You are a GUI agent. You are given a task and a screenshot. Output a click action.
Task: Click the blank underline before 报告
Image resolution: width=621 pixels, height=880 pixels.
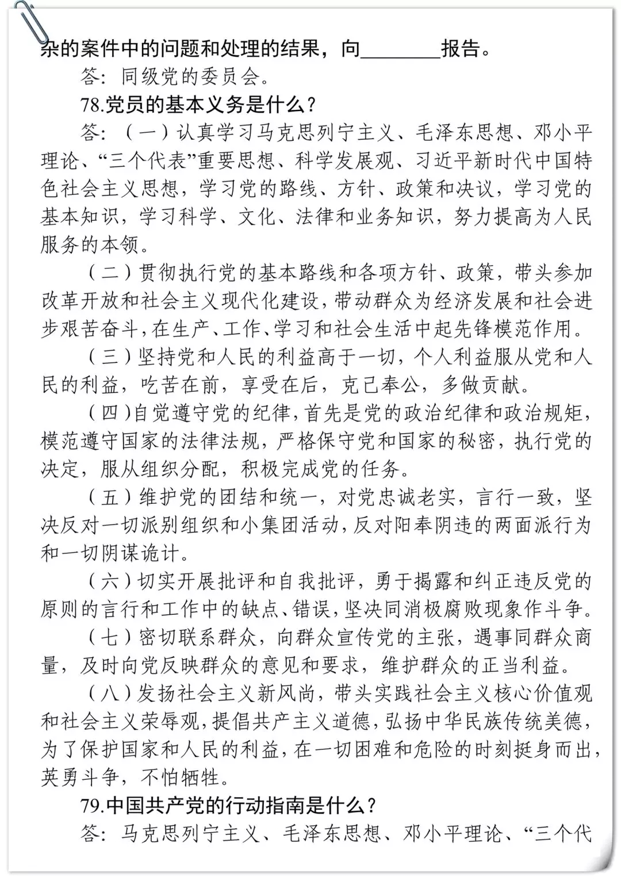(x=400, y=51)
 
